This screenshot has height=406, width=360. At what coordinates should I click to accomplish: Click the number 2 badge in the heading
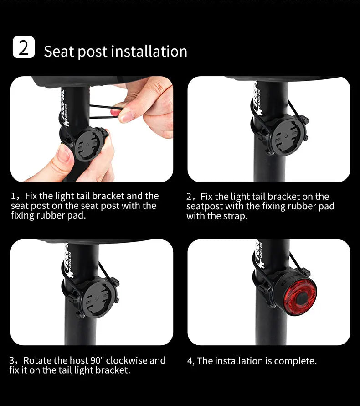[x=24, y=47]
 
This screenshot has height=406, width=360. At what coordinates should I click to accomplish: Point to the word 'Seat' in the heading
[x=59, y=52]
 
